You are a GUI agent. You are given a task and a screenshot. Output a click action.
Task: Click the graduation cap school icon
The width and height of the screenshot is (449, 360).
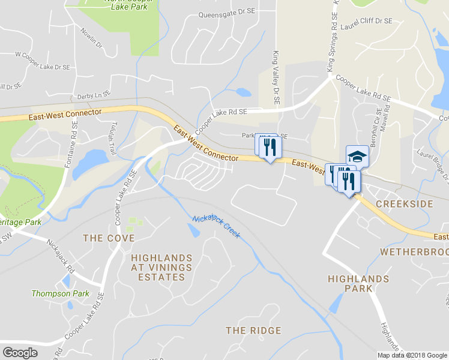[x=358, y=156]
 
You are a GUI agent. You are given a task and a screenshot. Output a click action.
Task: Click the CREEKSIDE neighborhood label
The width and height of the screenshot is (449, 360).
[x=404, y=205]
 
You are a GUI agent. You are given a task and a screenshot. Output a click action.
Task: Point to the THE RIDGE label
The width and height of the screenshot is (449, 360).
[x=253, y=331]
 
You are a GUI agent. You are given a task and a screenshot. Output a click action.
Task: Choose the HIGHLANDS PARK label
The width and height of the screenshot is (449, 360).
[x=358, y=284]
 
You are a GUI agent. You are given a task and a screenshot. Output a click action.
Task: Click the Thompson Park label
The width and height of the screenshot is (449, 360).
[x=60, y=293]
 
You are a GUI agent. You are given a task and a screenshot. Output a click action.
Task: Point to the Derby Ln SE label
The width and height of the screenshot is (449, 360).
[x=94, y=95]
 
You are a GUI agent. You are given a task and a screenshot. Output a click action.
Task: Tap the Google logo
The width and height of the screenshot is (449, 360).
[x=20, y=353]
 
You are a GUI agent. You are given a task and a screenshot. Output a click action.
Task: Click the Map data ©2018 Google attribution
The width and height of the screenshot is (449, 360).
[x=412, y=355]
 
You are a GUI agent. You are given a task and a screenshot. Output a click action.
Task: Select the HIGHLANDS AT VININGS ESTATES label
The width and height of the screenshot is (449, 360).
[x=161, y=268]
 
